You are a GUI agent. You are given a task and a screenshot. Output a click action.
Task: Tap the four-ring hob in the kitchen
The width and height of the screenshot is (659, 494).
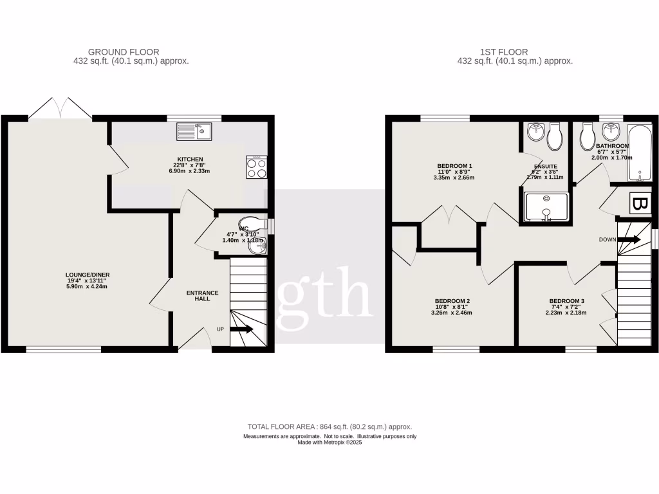(x=257, y=167)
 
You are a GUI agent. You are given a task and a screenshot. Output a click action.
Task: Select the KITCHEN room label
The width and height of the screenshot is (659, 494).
(x=190, y=159)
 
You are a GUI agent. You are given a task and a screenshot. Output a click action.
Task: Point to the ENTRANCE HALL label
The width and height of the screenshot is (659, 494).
(x=202, y=297)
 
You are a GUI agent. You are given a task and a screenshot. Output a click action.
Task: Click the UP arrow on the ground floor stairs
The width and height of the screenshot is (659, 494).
(x=241, y=329)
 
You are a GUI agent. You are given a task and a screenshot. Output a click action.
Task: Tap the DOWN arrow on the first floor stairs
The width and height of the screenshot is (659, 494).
(x=628, y=239)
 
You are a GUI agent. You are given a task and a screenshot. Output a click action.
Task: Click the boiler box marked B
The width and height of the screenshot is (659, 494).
(x=639, y=204)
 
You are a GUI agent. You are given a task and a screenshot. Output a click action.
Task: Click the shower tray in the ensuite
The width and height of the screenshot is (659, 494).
(x=546, y=206)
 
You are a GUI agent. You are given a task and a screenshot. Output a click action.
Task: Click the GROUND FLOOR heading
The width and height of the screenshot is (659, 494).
(x=124, y=52)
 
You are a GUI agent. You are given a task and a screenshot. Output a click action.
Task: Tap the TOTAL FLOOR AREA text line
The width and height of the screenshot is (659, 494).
(x=329, y=426)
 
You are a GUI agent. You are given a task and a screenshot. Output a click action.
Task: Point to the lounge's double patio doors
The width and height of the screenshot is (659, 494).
(x=60, y=108)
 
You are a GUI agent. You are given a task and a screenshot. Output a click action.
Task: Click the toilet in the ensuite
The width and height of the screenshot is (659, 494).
(x=555, y=134)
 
